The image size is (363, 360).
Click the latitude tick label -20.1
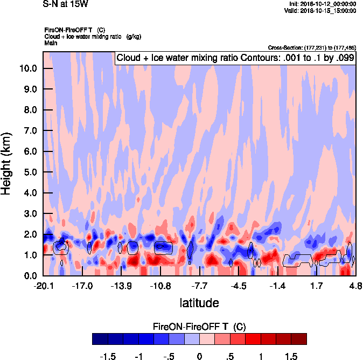coord(43,285)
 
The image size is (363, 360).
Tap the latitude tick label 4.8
coord(355,285)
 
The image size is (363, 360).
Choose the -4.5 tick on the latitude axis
coord(239,285)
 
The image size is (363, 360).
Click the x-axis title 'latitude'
coord(199,302)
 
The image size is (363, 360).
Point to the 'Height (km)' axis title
coord(7,164)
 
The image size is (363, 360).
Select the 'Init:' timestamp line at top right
coord(322,4)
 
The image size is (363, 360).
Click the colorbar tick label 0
coord(199,356)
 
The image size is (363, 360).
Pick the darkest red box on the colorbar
coord(299,338)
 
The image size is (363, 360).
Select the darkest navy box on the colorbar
coord(100,338)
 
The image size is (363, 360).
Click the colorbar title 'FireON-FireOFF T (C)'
coord(199,327)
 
